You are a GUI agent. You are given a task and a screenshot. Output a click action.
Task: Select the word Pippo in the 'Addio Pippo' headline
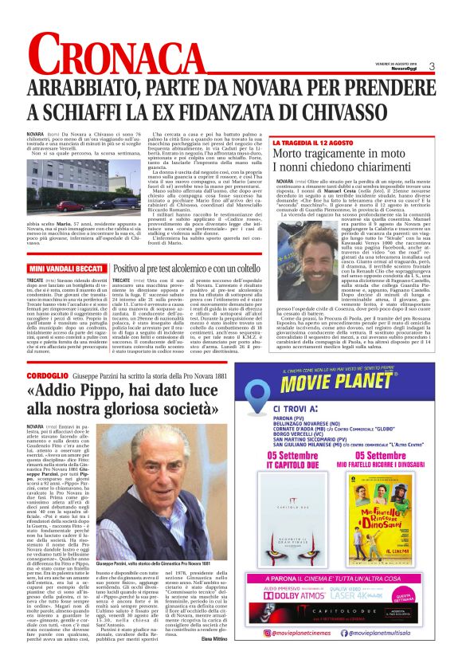tap(106, 391)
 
